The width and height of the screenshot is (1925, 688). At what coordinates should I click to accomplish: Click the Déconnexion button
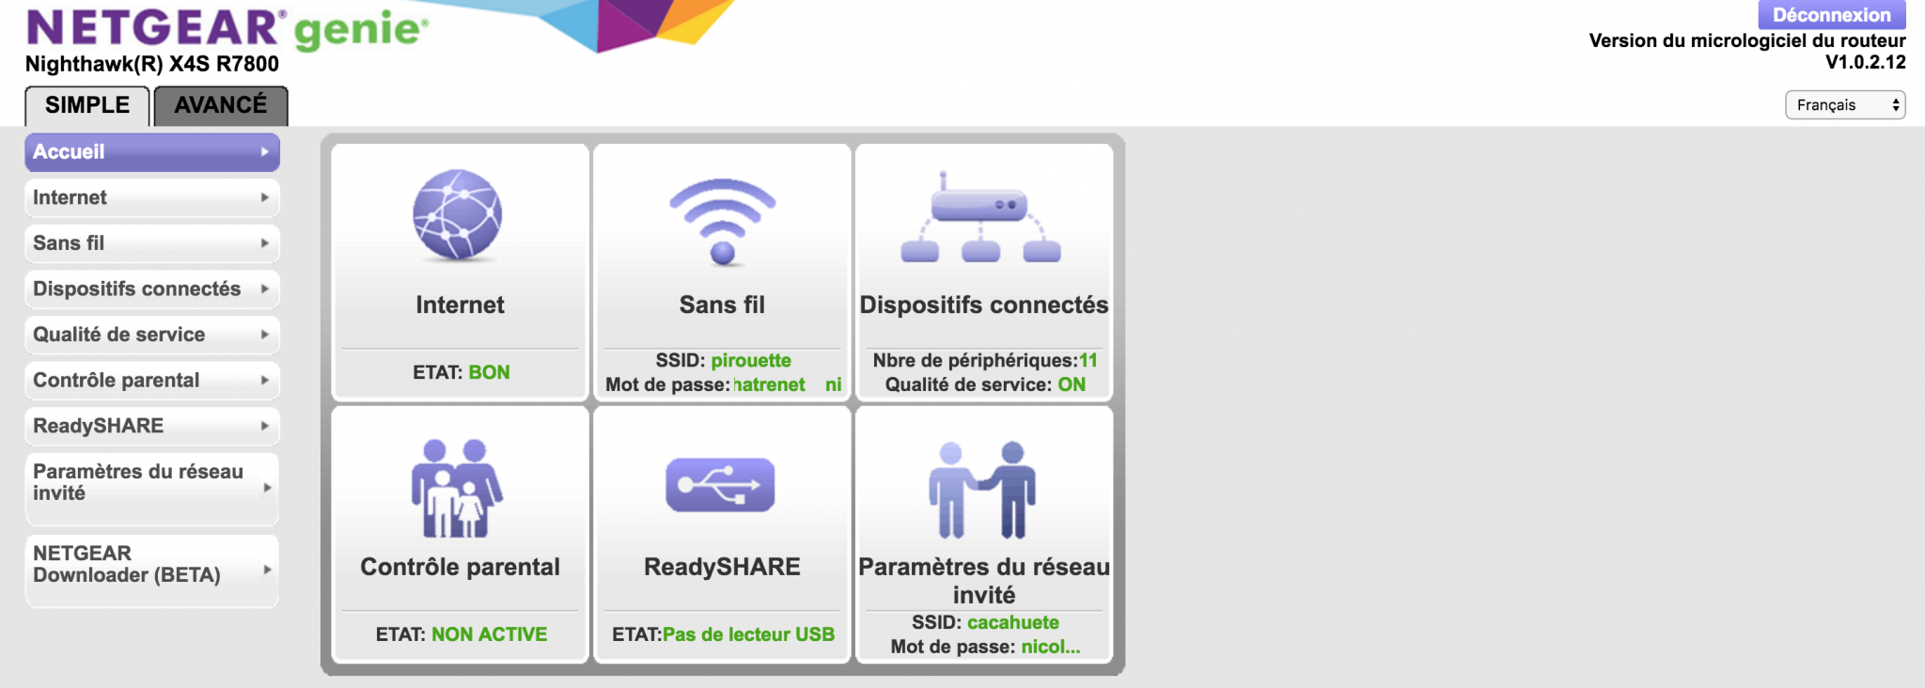[x=1831, y=15]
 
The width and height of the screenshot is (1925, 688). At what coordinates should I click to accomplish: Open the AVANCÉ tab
[x=221, y=105]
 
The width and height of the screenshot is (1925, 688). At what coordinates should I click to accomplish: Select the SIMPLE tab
[x=87, y=105]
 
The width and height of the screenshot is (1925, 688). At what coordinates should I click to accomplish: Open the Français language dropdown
[x=1845, y=104]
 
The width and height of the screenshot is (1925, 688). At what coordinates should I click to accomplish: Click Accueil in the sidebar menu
[x=152, y=152]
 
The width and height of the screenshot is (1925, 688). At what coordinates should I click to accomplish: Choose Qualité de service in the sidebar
[x=152, y=335]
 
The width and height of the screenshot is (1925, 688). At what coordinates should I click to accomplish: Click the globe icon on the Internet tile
[x=458, y=215]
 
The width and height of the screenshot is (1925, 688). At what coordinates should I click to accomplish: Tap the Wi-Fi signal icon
[x=723, y=221]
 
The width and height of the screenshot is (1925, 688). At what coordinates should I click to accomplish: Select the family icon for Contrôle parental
[x=458, y=488]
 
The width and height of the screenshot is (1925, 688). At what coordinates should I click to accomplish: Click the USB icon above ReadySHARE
[x=721, y=485]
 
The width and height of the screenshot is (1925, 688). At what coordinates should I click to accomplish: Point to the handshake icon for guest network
[x=982, y=490]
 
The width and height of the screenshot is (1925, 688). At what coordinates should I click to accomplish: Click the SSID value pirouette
[x=751, y=360]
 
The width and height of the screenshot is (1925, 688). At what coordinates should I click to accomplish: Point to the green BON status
[x=490, y=372]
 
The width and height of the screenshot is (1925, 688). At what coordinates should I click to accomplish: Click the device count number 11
[x=1088, y=360]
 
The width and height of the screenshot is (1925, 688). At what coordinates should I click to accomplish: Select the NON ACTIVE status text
[x=490, y=634]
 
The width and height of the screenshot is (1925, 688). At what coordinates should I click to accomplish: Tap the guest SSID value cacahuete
[x=1013, y=622]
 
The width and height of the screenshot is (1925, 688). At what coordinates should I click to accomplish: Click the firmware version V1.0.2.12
[x=1866, y=62]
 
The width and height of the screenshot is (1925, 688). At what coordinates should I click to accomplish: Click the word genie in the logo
[x=361, y=31]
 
